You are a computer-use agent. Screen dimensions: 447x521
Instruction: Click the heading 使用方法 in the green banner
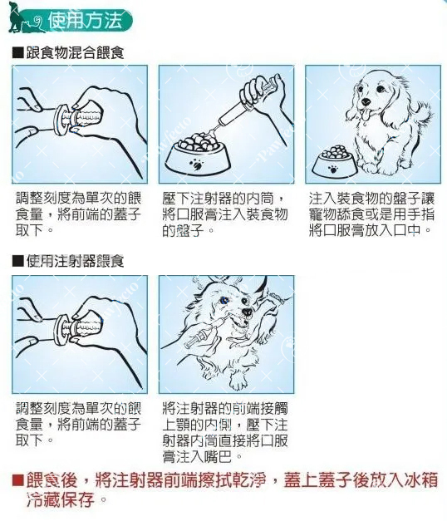[x=85, y=21]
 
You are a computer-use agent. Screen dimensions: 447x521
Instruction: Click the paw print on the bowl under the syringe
[x=195, y=163]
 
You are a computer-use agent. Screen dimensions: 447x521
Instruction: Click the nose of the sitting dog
[x=366, y=101]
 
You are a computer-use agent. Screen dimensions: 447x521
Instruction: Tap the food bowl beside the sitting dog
[x=334, y=163]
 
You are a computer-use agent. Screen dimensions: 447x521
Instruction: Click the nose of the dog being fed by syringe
[x=247, y=312]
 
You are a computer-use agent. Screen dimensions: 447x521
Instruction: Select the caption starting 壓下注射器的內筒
[x=224, y=214]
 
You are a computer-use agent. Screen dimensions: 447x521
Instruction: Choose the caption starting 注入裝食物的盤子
[x=371, y=214]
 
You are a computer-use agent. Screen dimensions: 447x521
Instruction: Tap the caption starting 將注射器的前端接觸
[x=225, y=433]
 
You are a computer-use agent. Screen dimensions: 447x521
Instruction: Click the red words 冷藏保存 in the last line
[x=61, y=499]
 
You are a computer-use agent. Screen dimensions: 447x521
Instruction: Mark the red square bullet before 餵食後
[x=17, y=480]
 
